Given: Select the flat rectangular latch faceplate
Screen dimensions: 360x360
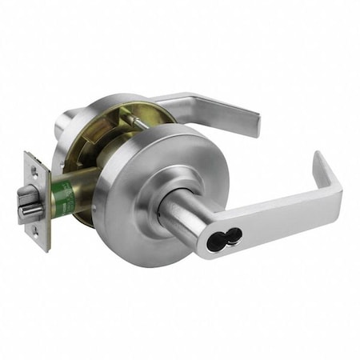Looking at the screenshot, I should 36,200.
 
